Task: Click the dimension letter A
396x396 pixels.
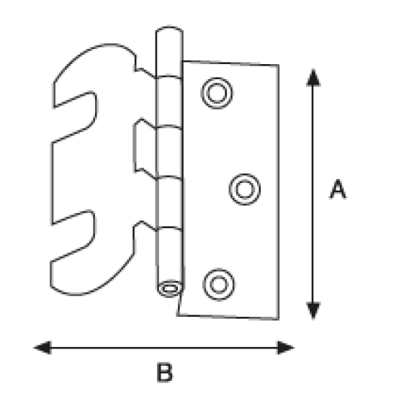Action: click(338, 189)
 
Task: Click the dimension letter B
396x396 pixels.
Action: click(164, 372)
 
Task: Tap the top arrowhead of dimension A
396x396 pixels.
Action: click(313, 77)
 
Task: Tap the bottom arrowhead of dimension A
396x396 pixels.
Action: click(313, 310)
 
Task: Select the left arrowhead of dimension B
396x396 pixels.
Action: click(42, 348)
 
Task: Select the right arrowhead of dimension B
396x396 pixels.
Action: click(286, 348)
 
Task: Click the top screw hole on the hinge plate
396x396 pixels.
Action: click(217, 93)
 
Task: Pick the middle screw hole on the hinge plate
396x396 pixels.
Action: click(245, 189)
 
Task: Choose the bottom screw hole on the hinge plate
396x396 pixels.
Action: click(219, 284)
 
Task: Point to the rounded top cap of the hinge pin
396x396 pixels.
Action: click(169, 28)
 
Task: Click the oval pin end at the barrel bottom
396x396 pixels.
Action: click(170, 289)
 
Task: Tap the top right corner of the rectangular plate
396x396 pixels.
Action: click(279, 65)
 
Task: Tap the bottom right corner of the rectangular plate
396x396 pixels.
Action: click(279, 320)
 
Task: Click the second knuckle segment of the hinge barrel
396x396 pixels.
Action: click(169, 102)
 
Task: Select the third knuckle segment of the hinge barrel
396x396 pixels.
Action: click(169, 153)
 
